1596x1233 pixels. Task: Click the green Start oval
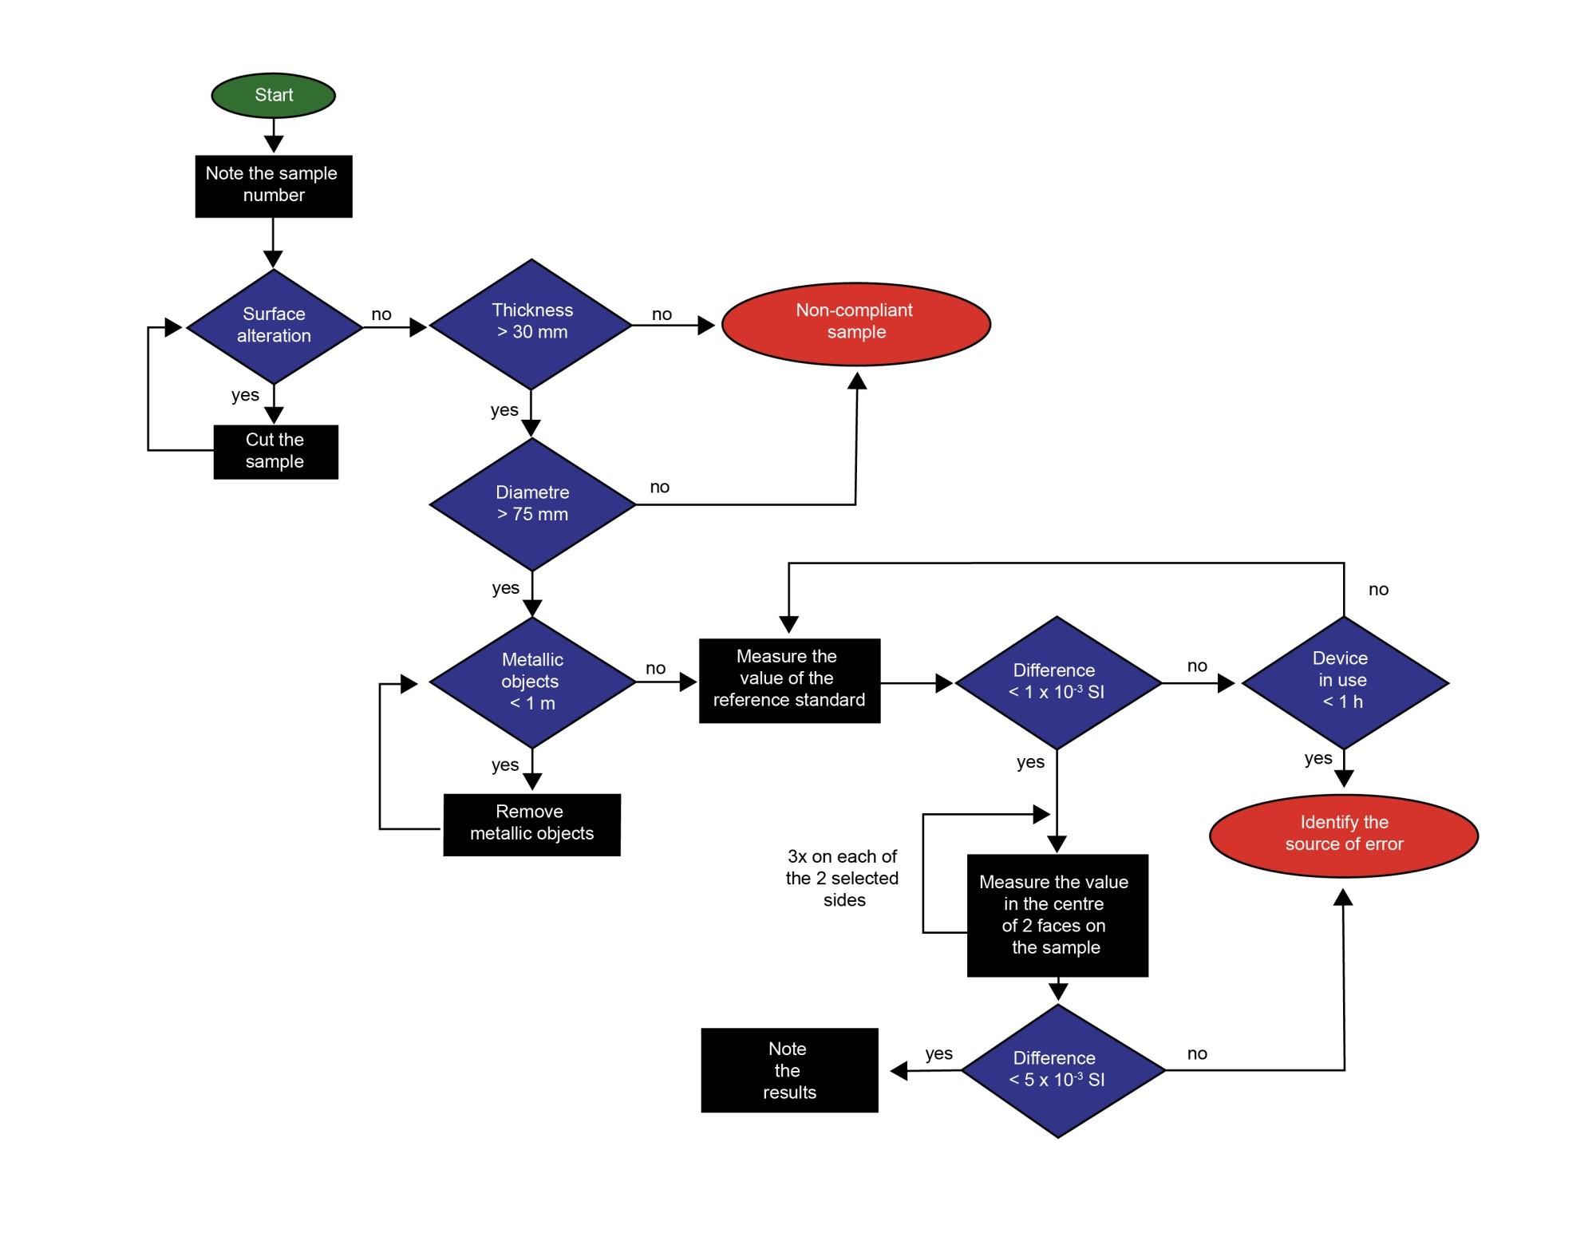tap(273, 95)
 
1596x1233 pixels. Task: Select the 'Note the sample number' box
tap(273, 185)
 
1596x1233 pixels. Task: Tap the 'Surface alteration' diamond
tap(274, 326)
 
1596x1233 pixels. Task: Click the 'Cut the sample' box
tap(275, 451)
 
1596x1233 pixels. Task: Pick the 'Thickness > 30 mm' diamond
tap(531, 323)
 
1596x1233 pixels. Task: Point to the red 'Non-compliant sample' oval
tap(855, 323)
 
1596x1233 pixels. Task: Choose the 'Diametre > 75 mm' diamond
tap(532, 504)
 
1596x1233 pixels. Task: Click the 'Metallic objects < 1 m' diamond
tap(532, 682)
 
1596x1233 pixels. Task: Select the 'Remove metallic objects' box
tap(531, 824)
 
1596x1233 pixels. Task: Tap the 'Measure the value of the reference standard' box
tap(789, 679)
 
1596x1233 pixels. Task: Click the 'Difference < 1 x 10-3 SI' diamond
tap(1057, 682)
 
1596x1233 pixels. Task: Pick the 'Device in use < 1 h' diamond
tap(1344, 682)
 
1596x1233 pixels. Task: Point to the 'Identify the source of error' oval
tap(1344, 834)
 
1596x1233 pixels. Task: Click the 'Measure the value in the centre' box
tap(1057, 915)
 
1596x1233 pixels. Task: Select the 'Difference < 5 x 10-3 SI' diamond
tap(1057, 1069)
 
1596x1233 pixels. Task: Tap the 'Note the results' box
tap(788, 1069)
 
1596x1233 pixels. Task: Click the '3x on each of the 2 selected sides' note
tap(843, 878)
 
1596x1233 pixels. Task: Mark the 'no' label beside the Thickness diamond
tap(662, 314)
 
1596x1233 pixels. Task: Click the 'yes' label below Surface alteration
tap(245, 395)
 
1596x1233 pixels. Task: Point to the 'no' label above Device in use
tap(1378, 590)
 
